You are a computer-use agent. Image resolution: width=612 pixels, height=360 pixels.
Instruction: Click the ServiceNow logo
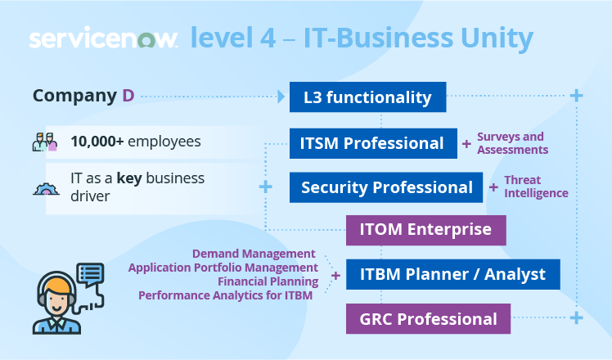click(x=103, y=39)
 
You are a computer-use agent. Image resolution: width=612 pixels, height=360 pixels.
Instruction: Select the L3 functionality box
click(x=367, y=97)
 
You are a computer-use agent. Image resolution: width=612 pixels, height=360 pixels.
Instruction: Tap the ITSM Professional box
click(x=372, y=143)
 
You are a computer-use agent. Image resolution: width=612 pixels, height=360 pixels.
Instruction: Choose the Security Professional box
click(x=386, y=187)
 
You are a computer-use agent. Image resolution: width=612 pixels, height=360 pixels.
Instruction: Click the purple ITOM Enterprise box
click(x=426, y=230)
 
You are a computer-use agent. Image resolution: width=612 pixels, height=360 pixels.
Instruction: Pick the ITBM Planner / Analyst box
click(x=452, y=274)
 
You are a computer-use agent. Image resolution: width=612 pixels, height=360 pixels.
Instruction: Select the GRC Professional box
click(x=429, y=318)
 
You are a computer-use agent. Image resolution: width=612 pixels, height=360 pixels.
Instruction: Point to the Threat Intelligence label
click(x=536, y=187)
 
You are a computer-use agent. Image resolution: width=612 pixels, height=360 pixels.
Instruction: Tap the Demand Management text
click(x=254, y=254)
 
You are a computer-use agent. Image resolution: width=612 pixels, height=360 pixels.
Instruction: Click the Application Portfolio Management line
click(x=223, y=268)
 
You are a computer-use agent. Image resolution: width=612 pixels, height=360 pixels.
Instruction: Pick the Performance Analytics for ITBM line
click(x=225, y=295)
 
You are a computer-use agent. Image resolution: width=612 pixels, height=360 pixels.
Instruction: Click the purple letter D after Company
click(x=128, y=96)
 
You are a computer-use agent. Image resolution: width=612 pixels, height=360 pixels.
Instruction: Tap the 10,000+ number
click(x=97, y=142)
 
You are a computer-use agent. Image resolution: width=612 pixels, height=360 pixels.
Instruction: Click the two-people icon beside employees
click(x=45, y=143)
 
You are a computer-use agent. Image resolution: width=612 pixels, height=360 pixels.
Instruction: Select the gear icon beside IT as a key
click(x=45, y=187)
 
